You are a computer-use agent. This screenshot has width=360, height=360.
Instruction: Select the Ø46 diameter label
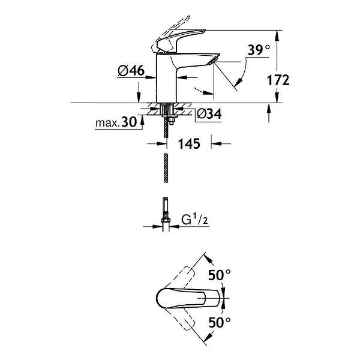[131, 71]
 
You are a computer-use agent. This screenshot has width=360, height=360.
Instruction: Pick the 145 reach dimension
[188, 144]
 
